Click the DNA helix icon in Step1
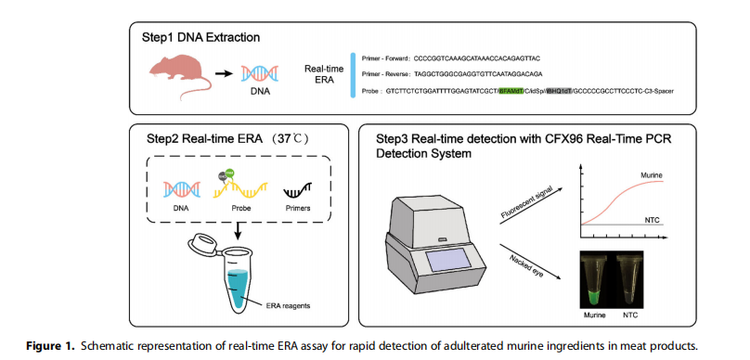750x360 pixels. point(256,74)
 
